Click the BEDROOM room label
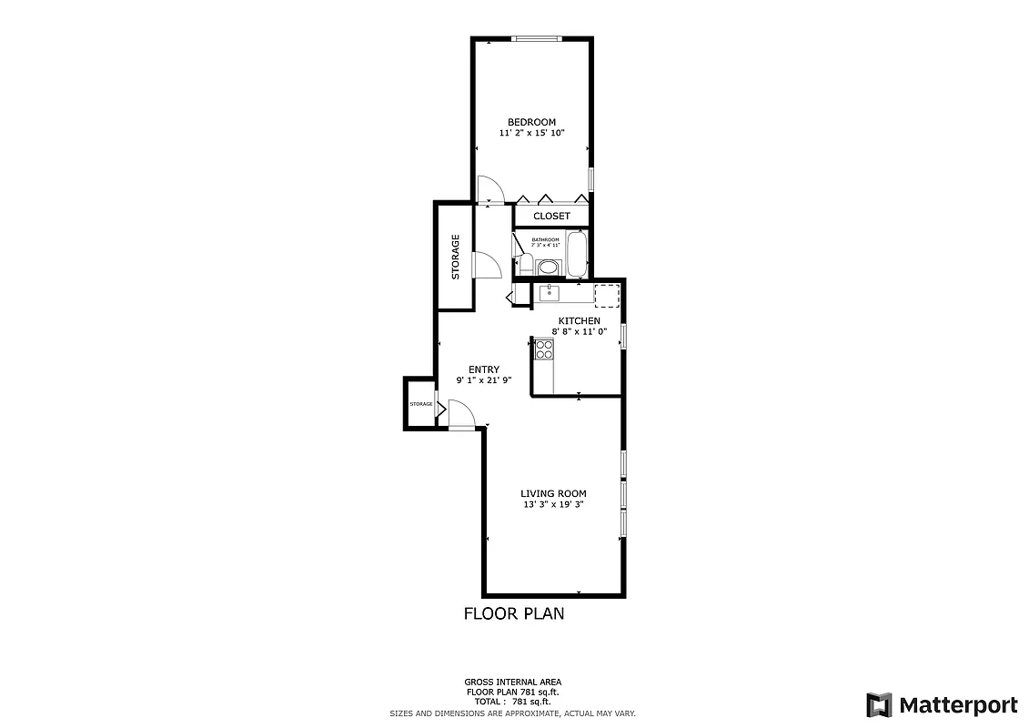[531, 122]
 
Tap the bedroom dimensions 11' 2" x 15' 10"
[531, 134]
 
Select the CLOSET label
[551, 216]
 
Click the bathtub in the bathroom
[577, 254]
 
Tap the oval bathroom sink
[549, 267]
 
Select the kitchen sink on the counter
[550, 292]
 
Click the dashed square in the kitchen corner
[607, 294]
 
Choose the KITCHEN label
[579, 321]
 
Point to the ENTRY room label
[483, 369]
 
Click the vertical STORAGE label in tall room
[456, 257]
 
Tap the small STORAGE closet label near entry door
[420, 403]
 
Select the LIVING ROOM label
[552, 493]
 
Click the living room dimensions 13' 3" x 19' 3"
[552, 504]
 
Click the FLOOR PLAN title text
[513, 613]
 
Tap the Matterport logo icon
[878, 704]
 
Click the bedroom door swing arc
[491, 188]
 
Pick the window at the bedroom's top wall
[535, 38]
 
